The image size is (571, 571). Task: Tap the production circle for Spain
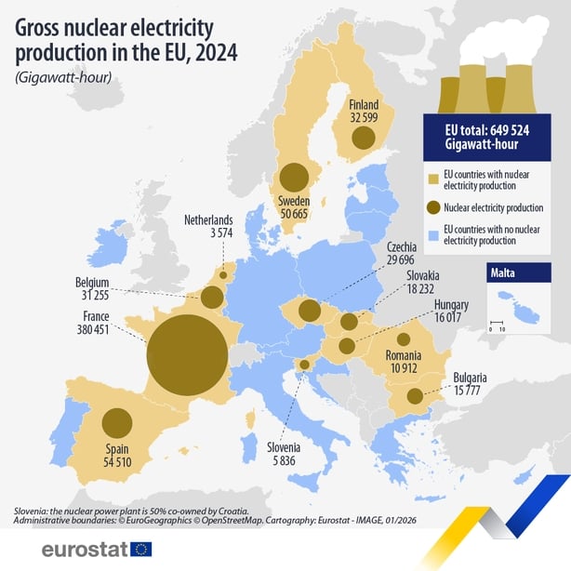116,423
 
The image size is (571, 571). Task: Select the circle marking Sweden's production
294,177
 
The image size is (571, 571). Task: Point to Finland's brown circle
362,139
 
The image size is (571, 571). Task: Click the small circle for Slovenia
303,365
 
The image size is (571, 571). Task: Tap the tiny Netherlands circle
222,274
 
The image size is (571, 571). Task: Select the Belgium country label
93,282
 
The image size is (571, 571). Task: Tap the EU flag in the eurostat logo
141,549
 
